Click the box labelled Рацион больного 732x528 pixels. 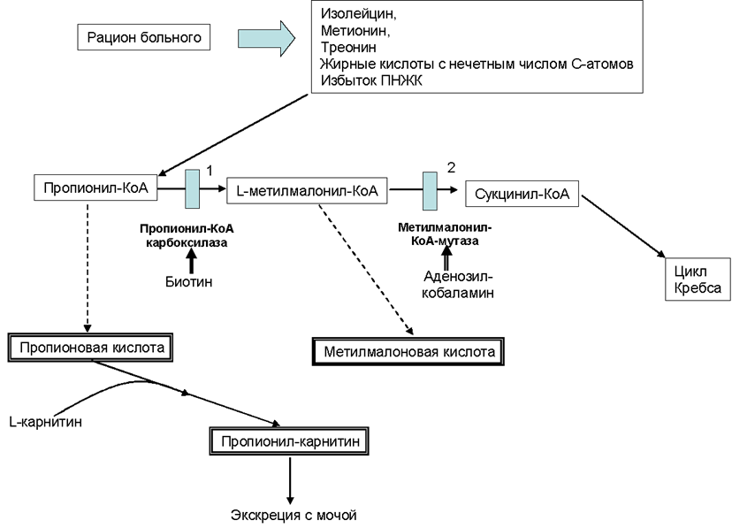[144, 37]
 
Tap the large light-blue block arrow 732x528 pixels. [267, 38]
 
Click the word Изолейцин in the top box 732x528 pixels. [358, 14]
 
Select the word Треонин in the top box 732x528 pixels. [348, 47]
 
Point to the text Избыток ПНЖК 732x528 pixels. [371, 80]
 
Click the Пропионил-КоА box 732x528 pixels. [95, 187]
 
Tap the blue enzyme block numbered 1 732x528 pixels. [193, 188]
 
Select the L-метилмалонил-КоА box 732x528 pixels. [307, 190]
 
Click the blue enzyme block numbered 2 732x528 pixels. [430, 191]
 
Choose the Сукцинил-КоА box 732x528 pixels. [522, 194]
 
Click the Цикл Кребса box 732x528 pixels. [698, 279]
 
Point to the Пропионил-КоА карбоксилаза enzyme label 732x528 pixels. [187, 236]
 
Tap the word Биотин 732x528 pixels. [189, 281]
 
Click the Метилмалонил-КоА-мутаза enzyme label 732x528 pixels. [445, 233]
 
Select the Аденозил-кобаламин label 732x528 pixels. [458, 285]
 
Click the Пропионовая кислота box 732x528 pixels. [90, 348]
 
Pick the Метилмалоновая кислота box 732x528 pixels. [408, 351]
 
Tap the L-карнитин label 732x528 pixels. [46, 422]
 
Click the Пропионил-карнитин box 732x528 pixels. [289, 441]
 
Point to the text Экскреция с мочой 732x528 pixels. [294, 515]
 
